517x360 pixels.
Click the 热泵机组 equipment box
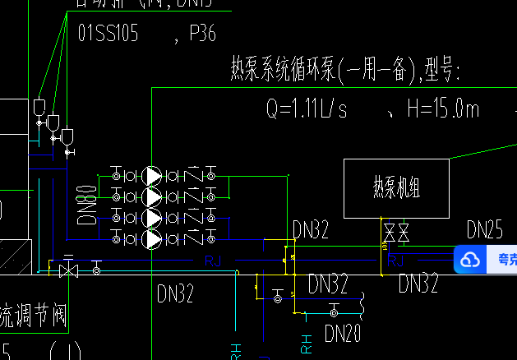pos(396,189)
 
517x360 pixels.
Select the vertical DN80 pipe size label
pos(87,205)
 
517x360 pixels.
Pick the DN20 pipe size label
pos(343,334)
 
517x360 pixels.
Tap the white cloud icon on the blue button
pos(469,261)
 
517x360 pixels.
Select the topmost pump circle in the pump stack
pos(152,176)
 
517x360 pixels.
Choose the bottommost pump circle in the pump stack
pos(152,239)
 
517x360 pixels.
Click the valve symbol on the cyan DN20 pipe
pos(333,312)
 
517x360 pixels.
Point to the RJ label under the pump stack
pos(213,262)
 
